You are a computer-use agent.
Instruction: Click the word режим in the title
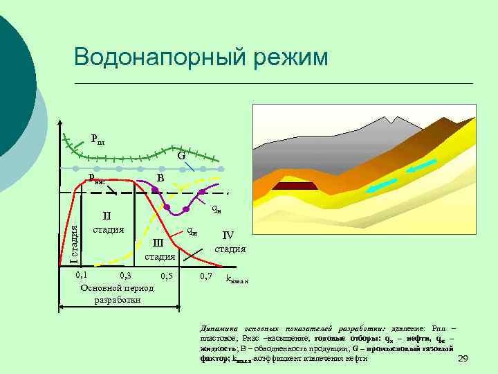(x=290, y=57)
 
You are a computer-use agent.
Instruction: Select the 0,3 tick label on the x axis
(x=125, y=276)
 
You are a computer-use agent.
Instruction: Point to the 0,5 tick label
(x=166, y=276)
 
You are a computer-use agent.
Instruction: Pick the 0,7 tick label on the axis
(x=205, y=276)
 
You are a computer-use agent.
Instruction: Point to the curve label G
(x=181, y=157)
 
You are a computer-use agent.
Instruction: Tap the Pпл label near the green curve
(x=98, y=139)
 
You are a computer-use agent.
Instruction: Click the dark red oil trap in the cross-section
(x=295, y=186)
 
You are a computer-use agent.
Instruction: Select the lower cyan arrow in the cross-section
(x=382, y=185)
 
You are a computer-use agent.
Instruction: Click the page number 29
(x=463, y=357)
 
